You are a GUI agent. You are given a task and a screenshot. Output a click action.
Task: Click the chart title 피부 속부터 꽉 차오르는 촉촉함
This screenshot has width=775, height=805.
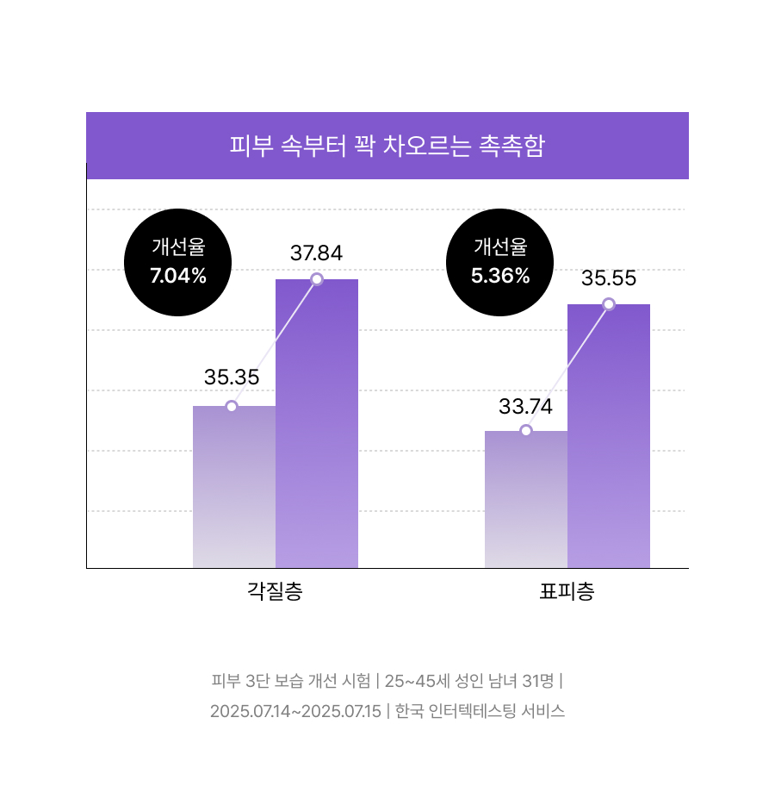click(x=387, y=146)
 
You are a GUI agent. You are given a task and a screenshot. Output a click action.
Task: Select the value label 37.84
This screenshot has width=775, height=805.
click(x=317, y=253)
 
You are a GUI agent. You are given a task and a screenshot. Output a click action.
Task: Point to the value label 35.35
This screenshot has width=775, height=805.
click(x=232, y=378)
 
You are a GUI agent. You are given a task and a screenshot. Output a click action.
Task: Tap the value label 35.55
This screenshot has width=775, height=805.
click(x=609, y=278)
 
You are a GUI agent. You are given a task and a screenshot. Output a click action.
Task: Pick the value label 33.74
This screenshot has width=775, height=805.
click(x=526, y=407)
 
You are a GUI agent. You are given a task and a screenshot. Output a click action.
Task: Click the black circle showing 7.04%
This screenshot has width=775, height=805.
click(x=178, y=262)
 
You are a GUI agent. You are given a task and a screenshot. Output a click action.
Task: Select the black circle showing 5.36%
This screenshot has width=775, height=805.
click(x=500, y=262)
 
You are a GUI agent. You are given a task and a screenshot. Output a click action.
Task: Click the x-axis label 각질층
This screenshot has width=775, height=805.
click(x=275, y=591)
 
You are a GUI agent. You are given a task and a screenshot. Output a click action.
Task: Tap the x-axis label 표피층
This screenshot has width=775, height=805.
click(x=567, y=591)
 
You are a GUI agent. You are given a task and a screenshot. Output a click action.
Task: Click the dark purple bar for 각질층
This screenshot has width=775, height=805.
click(x=317, y=423)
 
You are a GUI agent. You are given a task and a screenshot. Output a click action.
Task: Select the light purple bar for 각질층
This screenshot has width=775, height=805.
click(x=234, y=487)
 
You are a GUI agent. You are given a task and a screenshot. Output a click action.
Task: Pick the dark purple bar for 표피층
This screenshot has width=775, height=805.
click(x=609, y=436)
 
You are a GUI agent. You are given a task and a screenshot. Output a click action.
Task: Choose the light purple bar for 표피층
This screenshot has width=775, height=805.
click(x=526, y=499)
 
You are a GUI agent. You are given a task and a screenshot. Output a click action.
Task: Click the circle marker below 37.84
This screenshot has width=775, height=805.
click(x=317, y=279)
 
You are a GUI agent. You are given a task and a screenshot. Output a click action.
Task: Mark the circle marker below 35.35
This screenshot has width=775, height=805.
click(x=232, y=407)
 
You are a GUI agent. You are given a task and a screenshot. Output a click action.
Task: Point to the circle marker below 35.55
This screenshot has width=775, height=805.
click(x=609, y=304)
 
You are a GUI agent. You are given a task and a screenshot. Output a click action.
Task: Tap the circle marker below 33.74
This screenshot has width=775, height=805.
click(x=526, y=430)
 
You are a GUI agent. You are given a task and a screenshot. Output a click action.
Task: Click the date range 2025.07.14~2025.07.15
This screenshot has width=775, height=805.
click(x=296, y=712)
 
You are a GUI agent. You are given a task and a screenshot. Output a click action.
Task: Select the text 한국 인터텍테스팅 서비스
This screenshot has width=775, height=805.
click(x=480, y=711)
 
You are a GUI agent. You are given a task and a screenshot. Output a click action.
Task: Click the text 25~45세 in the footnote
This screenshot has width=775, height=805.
click(x=418, y=681)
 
